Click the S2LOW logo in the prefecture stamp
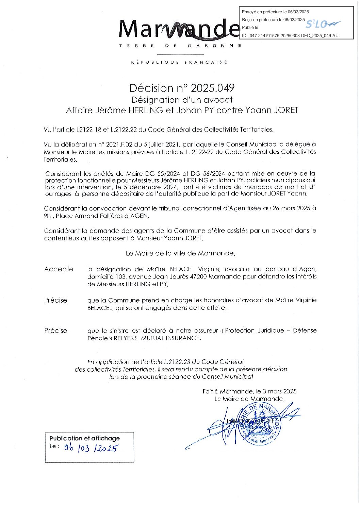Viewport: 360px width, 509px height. pos(322,24)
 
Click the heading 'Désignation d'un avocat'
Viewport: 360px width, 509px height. pos(182,100)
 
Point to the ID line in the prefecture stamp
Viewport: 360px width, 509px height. pos(290,36)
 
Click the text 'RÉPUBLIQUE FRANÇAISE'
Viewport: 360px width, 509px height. pos(179,62)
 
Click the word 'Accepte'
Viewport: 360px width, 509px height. pos(59,269)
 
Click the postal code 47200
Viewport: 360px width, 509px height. pos(197,277)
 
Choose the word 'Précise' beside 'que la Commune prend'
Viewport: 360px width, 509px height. pos(56,300)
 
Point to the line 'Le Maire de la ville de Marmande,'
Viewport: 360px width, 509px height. pos(180,253)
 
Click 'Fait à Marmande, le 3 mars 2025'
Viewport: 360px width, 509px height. pos(249,391)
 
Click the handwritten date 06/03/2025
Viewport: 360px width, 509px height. pos(91,448)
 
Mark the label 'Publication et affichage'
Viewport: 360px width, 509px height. pos(84,438)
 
